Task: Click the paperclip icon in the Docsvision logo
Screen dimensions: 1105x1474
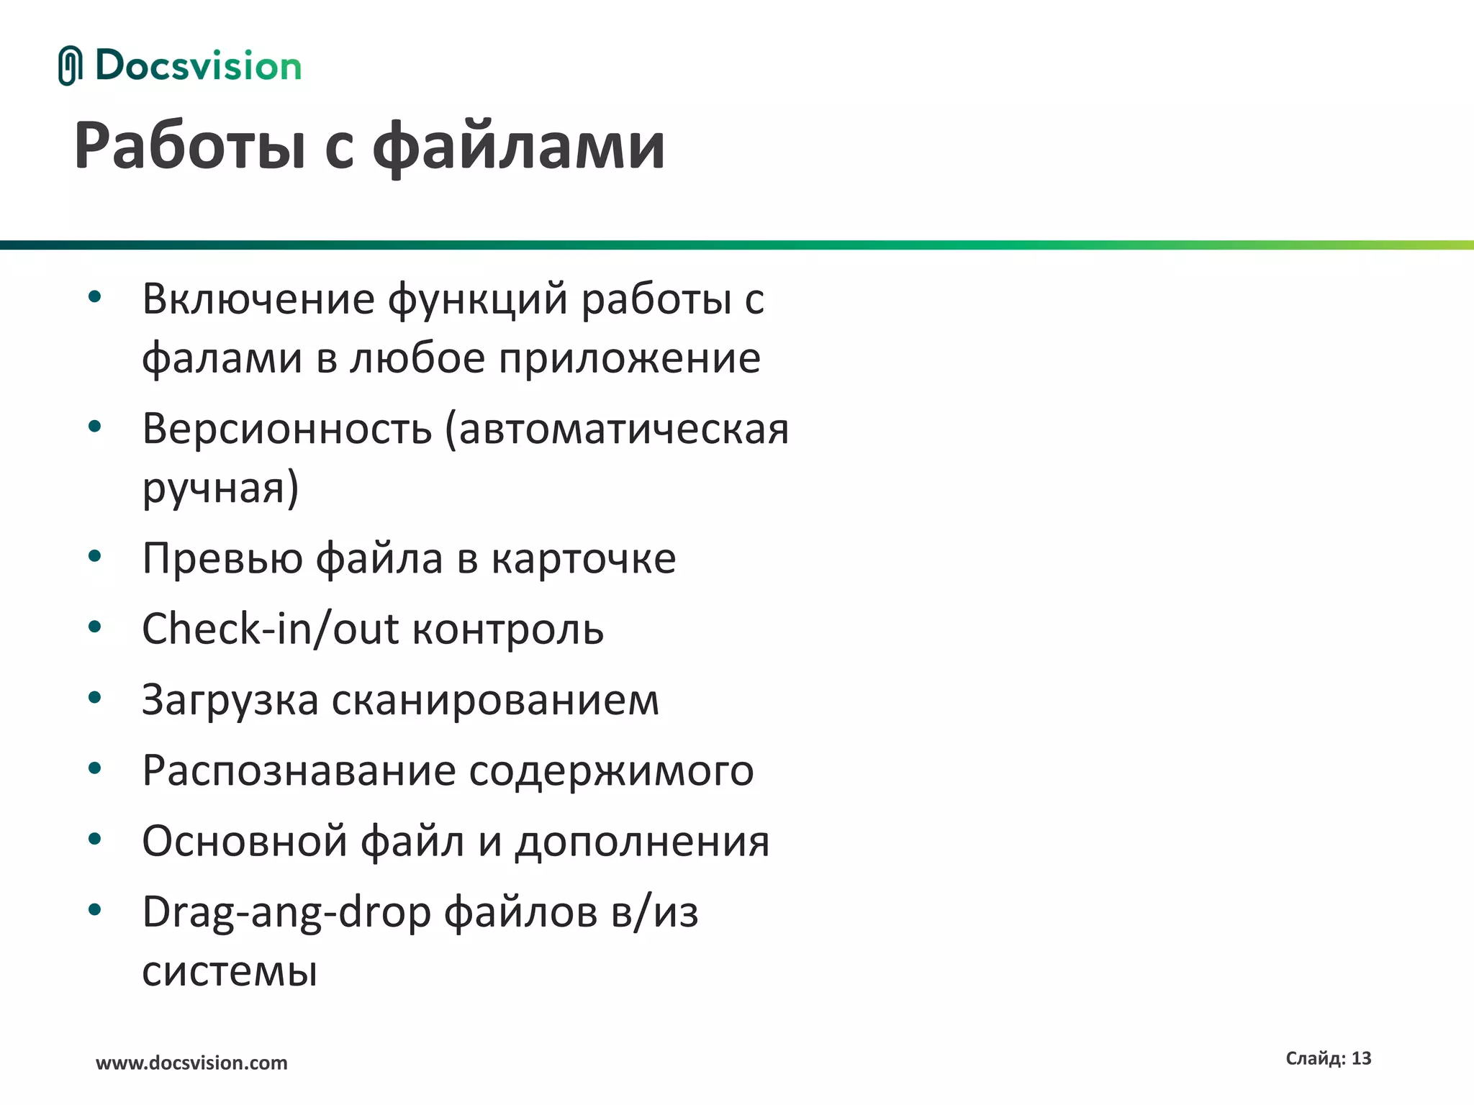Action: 70,65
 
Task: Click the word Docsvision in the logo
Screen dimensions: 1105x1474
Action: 198,66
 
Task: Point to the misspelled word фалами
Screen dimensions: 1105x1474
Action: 222,358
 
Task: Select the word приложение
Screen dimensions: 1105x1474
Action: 630,358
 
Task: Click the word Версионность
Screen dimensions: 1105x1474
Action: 286,429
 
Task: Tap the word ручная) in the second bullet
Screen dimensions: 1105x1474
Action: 220,488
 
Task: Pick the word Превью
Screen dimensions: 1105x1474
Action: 222,558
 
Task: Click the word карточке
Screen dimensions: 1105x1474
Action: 584,558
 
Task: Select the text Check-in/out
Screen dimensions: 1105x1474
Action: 270,629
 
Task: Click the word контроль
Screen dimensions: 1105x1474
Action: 508,629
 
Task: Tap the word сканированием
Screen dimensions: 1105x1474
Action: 495,700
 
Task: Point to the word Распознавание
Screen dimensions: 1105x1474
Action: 299,770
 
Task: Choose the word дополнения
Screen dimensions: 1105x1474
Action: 642,841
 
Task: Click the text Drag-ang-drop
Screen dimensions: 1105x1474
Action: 286,912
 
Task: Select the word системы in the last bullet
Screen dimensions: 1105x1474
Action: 230,971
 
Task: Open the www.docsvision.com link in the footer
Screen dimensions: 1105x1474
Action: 191,1063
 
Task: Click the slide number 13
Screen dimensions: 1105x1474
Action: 1361,1058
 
